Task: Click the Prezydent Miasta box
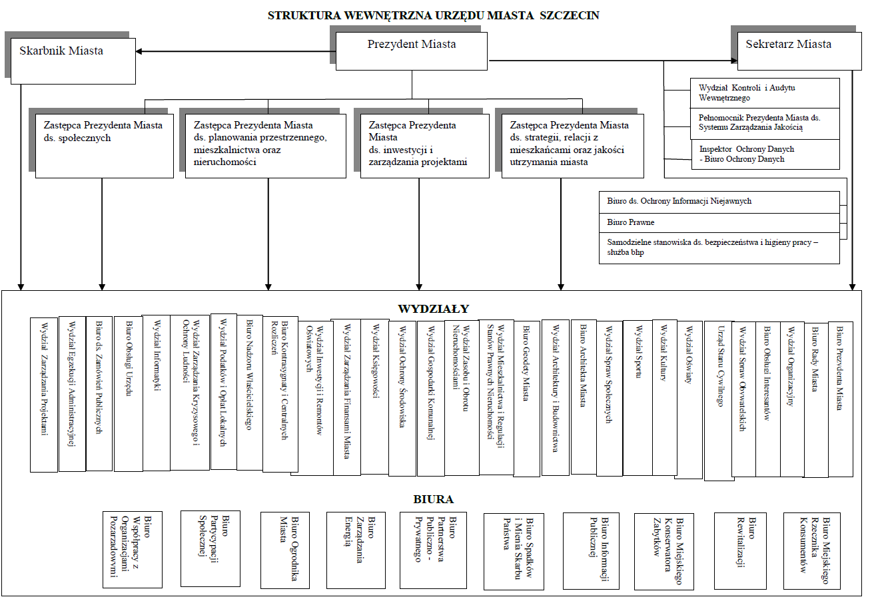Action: tap(411, 51)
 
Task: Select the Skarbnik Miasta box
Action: tap(73, 60)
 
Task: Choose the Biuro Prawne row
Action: tap(719, 222)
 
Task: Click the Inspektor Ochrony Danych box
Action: tap(765, 154)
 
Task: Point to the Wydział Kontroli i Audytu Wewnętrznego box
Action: tap(765, 93)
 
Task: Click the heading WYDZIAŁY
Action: tap(433, 309)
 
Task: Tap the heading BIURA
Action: tap(433, 499)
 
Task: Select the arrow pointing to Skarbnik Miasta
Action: tap(143, 52)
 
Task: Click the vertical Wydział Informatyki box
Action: tap(157, 393)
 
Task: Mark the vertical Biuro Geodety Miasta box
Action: tap(527, 397)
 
